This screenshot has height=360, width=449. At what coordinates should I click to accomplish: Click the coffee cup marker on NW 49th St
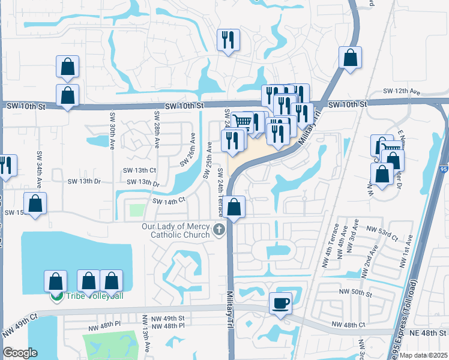pyautogui.click(x=280, y=302)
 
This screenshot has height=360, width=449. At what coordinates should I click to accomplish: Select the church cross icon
pyautogui.click(x=219, y=229)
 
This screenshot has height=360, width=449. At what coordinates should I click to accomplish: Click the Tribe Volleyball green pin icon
pyautogui.click(x=56, y=296)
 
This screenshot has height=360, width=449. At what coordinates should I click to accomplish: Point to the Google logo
pyautogui.click(x=20, y=353)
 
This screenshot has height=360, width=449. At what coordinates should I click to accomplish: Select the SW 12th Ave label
pyautogui.click(x=402, y=91)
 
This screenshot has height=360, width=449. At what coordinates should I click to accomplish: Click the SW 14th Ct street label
pyautogui.click(x=169, y=202)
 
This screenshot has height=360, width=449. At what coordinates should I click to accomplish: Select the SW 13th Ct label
pyautogui.click(x=140, y=170)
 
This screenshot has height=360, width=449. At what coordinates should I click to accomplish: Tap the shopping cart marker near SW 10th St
pyautogui.click(x=243, y=121)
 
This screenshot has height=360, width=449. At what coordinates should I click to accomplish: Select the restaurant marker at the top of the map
pyautogui.click(x=228, y=40)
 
